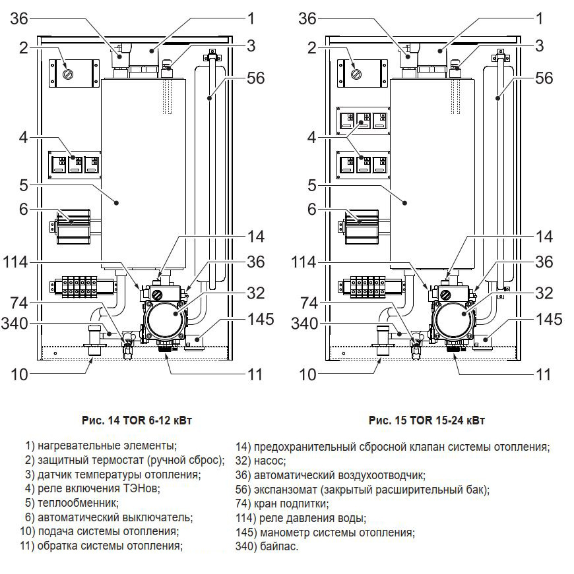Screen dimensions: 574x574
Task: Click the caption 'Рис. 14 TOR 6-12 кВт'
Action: [141, 420]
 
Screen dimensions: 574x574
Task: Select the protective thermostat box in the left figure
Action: [68, 74]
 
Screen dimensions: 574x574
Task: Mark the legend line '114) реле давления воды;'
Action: [300, 519]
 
